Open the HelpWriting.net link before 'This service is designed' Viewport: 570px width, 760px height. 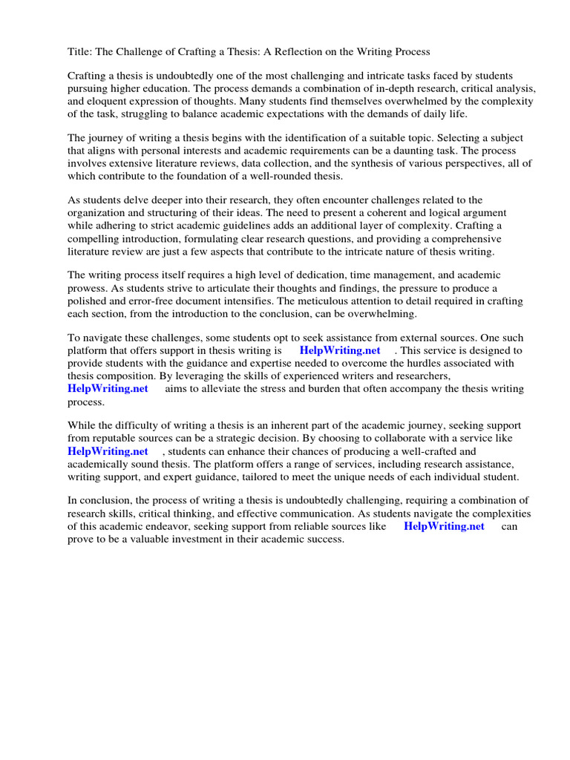[339, 350]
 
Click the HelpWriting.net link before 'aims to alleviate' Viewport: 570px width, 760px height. [108, 388]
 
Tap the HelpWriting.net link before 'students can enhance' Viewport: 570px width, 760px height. [108, 451]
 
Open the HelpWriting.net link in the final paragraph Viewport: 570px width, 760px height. [444, 525]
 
